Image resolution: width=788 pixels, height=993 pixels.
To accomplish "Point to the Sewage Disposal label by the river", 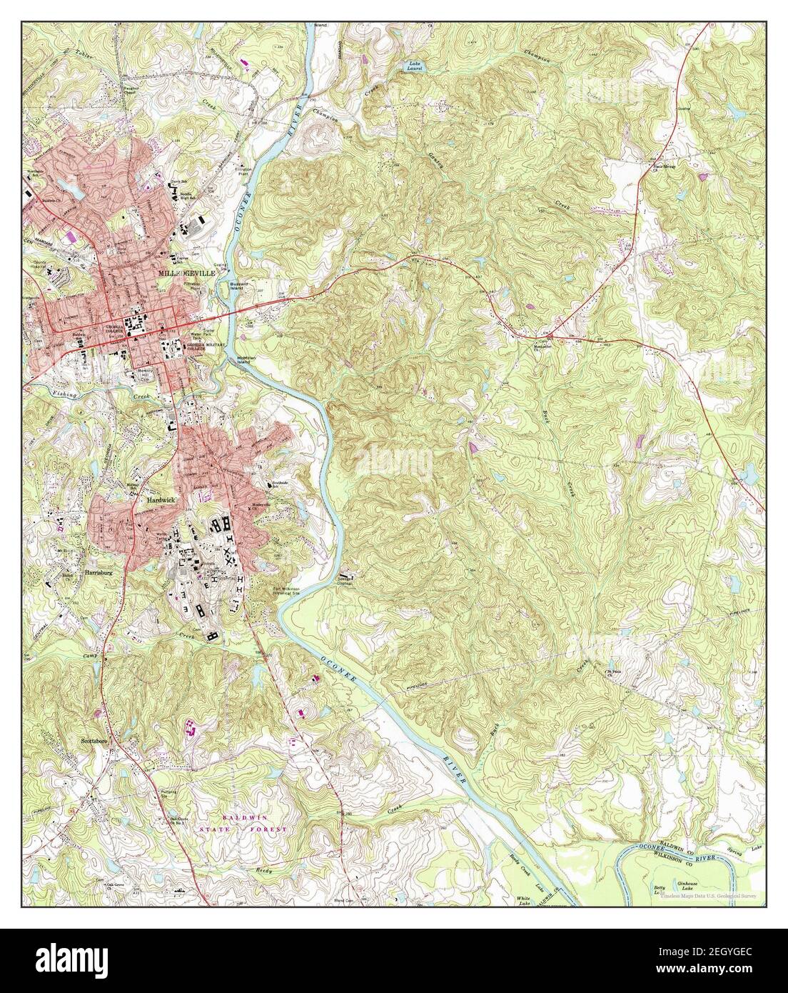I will click(346, 579).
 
